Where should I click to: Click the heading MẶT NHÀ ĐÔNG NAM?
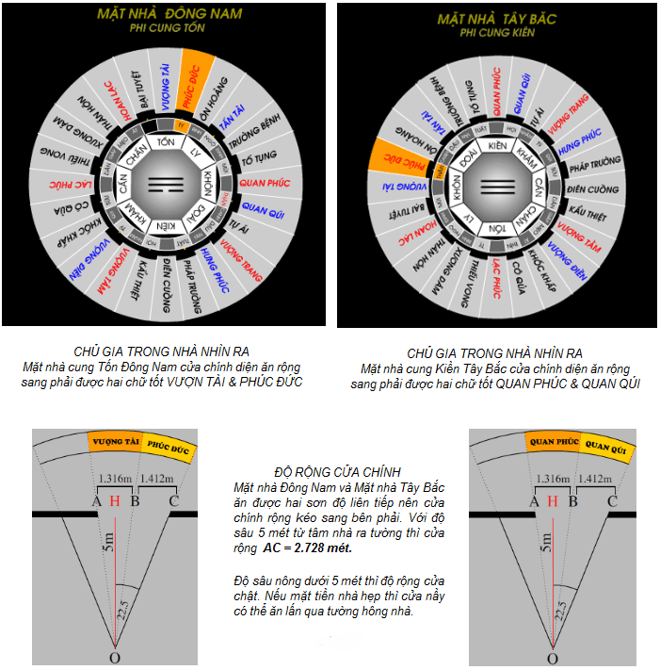pos(169,13)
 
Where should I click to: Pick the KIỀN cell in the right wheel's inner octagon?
pos(498,145)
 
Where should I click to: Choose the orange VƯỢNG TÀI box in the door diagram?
pos(114,441)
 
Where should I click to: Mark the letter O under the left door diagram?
pos(114,658)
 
